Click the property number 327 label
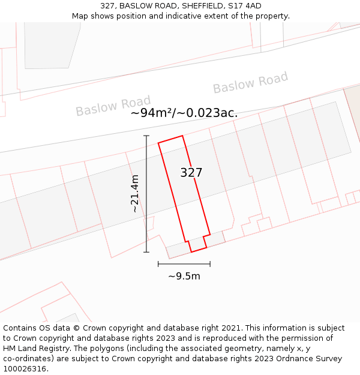191,173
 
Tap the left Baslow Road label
113,106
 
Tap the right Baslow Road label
250,83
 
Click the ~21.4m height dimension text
135,193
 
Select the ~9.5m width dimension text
184,276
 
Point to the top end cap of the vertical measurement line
146,136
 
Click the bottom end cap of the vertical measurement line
146,252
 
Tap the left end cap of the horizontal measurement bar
158,263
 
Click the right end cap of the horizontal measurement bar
210,263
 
